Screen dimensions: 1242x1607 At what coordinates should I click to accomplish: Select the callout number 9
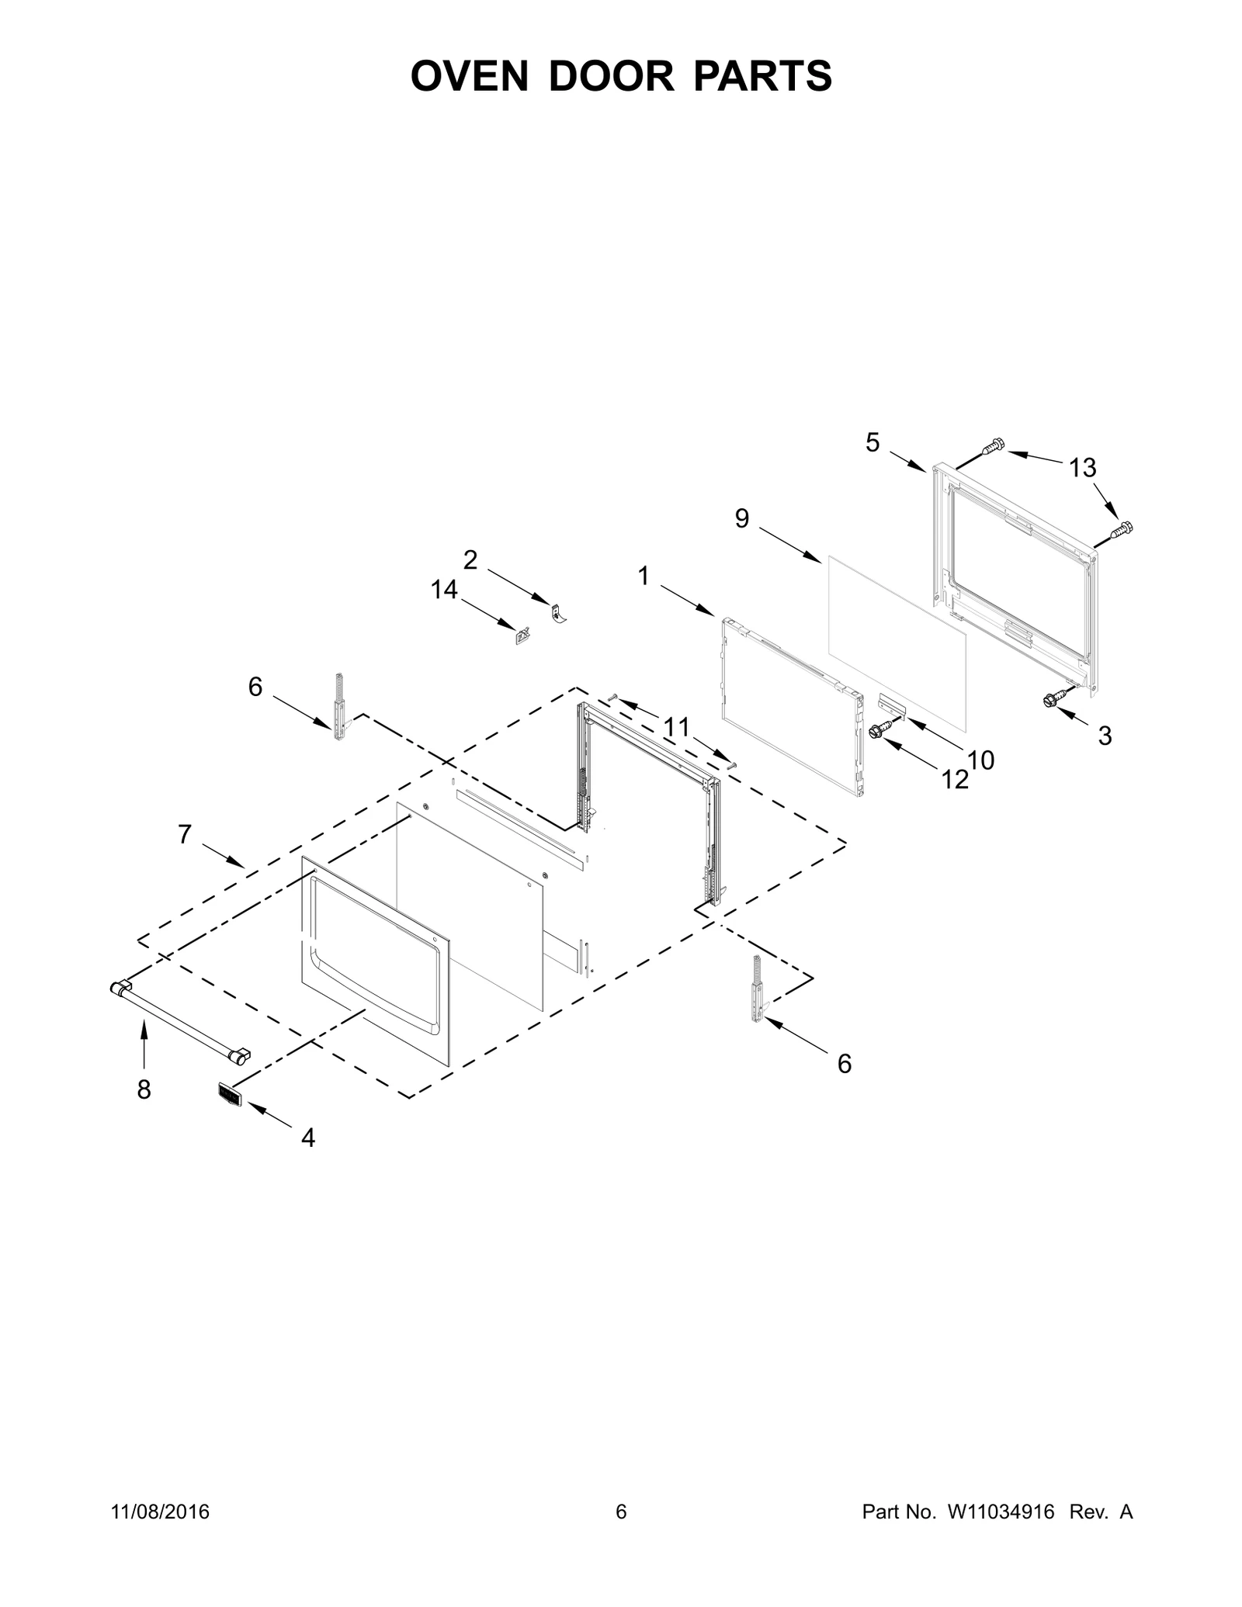pos(742,519)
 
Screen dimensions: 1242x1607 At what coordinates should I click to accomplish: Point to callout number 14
pos(444,591)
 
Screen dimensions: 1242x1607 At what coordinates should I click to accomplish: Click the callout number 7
pos(185,835)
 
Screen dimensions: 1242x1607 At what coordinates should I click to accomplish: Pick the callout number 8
pos(144,1090)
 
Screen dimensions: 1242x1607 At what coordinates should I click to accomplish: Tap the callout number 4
pos(308,1138)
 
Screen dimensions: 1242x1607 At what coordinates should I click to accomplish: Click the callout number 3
pos(1105,736)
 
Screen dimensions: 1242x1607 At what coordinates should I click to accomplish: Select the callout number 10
pos(981,761)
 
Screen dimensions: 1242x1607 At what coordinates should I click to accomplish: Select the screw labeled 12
pos(879,730)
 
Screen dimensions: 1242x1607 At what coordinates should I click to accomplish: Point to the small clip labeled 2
pos(557,613)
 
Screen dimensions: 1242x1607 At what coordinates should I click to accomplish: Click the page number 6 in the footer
pos(621,1512)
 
